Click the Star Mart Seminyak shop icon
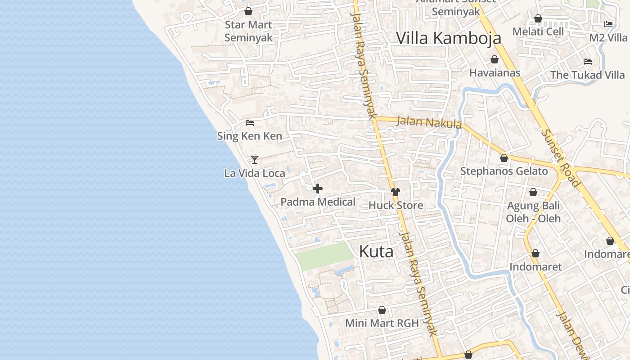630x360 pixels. coord(248,11)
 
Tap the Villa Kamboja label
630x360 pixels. coord(448,38)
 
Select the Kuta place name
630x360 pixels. coord(376,252)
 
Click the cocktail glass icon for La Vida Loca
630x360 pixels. coord(255,159)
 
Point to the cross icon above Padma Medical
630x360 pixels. coord(318,189)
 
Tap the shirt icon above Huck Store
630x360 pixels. coord(395,192)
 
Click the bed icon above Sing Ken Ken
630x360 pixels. coord(250,122)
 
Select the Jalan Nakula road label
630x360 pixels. coord(429,122)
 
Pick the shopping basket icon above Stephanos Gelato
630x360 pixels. coord(504,158)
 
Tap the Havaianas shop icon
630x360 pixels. coord(495,59)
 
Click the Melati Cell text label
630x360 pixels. coord(538,31)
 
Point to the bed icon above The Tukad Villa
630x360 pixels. coord(587,62)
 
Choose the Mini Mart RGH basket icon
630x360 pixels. coord(382,310)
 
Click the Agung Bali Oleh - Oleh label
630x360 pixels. coord(533,212)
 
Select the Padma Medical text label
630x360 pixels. coord(318,202)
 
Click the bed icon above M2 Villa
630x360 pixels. coord(608,24)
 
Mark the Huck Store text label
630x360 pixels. coord(396,206)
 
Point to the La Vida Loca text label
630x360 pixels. coord(255,173)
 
